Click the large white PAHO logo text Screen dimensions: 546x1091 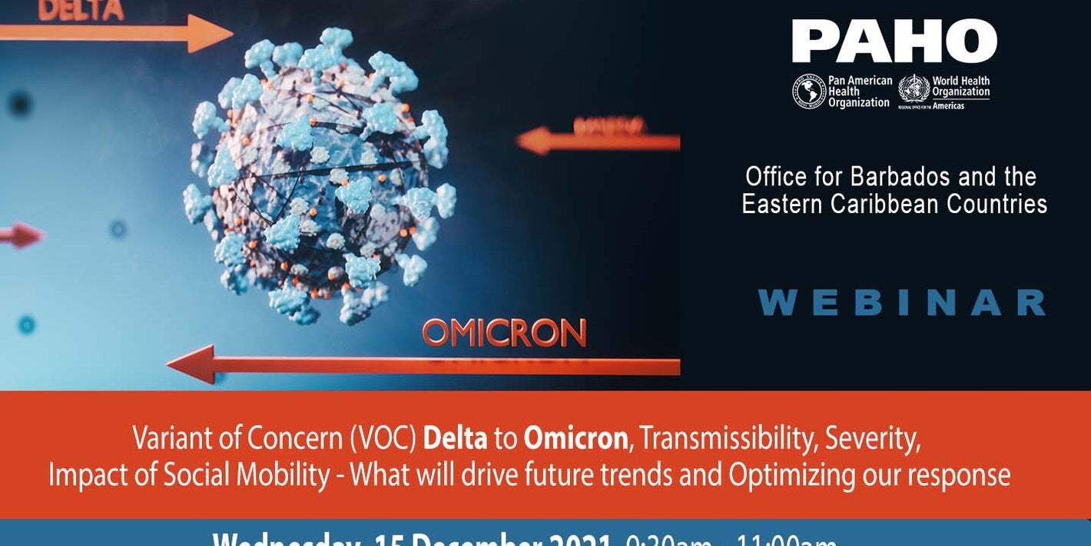click(894, 42)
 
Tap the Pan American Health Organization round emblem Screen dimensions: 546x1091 click(809, 92)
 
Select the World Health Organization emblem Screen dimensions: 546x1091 click(914, 89)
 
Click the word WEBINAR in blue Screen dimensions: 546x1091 click(901, 303)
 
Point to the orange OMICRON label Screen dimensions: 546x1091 click(504, 333)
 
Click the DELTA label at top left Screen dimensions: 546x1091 click(81, 10)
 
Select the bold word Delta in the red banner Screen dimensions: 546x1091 click(455, 439)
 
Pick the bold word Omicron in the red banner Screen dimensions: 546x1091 click(575, 439)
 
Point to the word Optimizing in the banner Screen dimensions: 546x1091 click(791, 475)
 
